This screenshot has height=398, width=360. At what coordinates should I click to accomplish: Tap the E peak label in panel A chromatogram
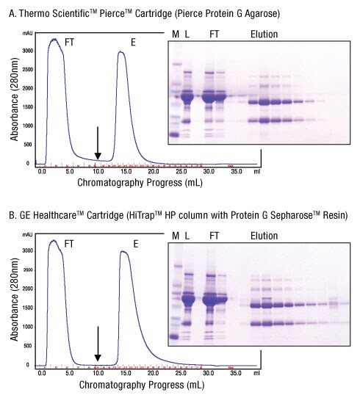tap(134, 43)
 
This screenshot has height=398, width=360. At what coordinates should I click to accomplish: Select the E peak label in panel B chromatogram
tap(134, 244)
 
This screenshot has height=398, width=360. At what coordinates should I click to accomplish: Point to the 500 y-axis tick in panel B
tap(29, 345)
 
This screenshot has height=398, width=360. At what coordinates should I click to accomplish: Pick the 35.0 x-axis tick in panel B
tap(234, 372)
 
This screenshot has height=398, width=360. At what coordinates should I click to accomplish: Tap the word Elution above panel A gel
tap(264, 34)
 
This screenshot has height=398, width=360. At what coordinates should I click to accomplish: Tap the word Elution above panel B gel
tap(264, 236)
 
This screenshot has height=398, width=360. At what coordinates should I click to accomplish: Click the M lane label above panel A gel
tap(175, 34)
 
